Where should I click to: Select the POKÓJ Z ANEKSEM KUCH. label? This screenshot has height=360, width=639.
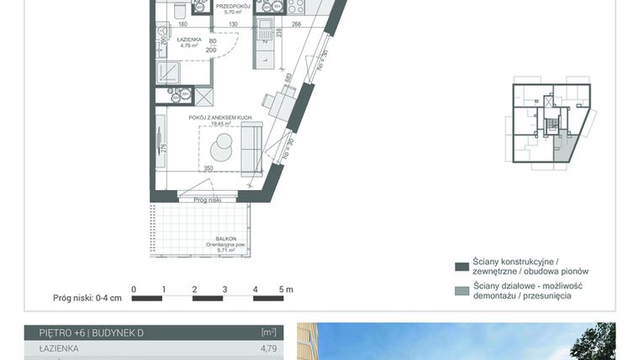221,118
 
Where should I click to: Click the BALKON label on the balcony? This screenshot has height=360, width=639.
225,238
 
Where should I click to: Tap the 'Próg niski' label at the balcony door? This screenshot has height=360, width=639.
206,199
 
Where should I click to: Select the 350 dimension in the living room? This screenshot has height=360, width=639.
208,168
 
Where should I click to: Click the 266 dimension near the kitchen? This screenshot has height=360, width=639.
297,24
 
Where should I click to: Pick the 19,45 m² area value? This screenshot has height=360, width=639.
221,124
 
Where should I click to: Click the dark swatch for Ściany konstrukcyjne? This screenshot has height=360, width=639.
461,267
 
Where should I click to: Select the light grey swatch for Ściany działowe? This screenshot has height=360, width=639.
461,291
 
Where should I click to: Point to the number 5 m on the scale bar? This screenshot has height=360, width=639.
287,289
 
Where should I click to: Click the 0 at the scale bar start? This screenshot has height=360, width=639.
134,289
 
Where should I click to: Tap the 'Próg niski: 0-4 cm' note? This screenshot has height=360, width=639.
87,298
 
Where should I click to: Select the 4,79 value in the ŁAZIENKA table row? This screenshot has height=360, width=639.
268,347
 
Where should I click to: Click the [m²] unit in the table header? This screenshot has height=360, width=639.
268,332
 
